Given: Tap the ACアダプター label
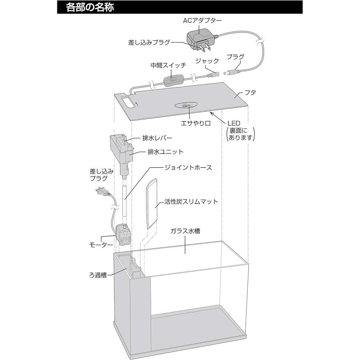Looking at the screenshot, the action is click(x=202, y=21).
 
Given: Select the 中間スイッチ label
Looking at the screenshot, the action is click(x=168, y=66).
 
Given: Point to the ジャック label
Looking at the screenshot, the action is click(x=207, y=61).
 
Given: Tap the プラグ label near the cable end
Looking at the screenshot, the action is click(x=236, y=56).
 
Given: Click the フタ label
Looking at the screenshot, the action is click(x=250, y=92).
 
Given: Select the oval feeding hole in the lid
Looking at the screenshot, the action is click(x=186, y=105).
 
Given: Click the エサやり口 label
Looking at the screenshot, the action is click(x=196, y=123).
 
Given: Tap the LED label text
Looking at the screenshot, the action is click(x=234, y=123).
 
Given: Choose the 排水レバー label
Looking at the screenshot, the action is click(x=157, y=138).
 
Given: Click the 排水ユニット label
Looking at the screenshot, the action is click(x=166, y=152).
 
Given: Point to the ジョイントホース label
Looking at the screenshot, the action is click(x=188, y=167).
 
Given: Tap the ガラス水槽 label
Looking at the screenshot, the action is click(x=185, y=231).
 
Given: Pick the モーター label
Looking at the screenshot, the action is click(x=101, y=245).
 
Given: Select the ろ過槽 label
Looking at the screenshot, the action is click(x=98, y=275).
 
